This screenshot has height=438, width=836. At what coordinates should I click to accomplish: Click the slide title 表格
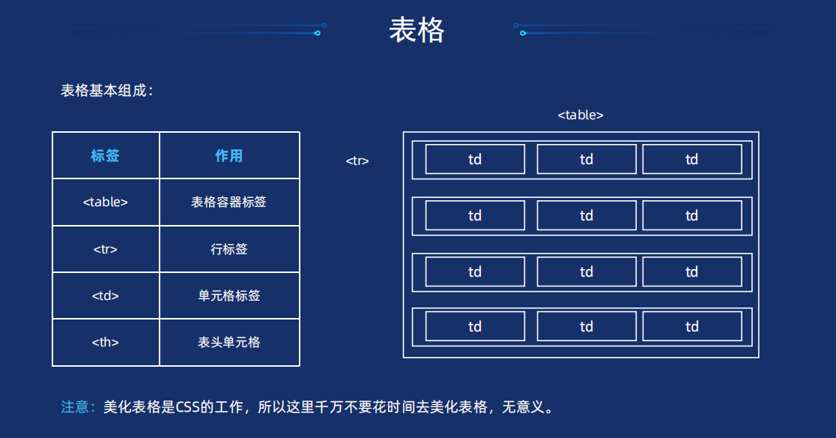(417, 31)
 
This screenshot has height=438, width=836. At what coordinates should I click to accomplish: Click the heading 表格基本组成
(106, 91)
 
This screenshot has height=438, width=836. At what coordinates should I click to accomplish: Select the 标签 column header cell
(106, 156)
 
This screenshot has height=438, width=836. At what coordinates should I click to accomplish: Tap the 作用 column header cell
(229, 156)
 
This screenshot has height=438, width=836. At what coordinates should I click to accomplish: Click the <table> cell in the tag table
(106, 202)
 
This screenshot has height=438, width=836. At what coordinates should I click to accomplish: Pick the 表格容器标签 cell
(229, 202)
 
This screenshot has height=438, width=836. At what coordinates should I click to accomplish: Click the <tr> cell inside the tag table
(106, 249)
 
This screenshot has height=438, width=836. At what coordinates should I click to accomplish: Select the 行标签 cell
(229, 249)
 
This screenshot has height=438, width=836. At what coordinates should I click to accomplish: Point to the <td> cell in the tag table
(106, 295)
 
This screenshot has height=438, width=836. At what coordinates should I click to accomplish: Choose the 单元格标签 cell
(229, 295)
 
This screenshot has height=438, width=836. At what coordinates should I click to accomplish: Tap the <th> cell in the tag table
(106, 342)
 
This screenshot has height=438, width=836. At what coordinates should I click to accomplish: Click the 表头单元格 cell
(229, 342)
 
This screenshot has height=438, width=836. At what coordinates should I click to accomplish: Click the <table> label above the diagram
(581, 115)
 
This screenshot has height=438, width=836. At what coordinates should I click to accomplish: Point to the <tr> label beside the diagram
(357, 160)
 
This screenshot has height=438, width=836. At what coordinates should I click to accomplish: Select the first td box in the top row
(475, 159)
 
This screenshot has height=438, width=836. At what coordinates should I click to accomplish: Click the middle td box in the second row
(587, 216)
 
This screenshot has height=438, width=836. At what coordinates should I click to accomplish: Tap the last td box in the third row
(692, 271)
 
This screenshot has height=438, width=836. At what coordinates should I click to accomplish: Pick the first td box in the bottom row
(475, 326)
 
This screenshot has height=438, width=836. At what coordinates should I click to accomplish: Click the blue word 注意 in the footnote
(75, 407)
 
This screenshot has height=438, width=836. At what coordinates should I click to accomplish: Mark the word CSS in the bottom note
(189, 407)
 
